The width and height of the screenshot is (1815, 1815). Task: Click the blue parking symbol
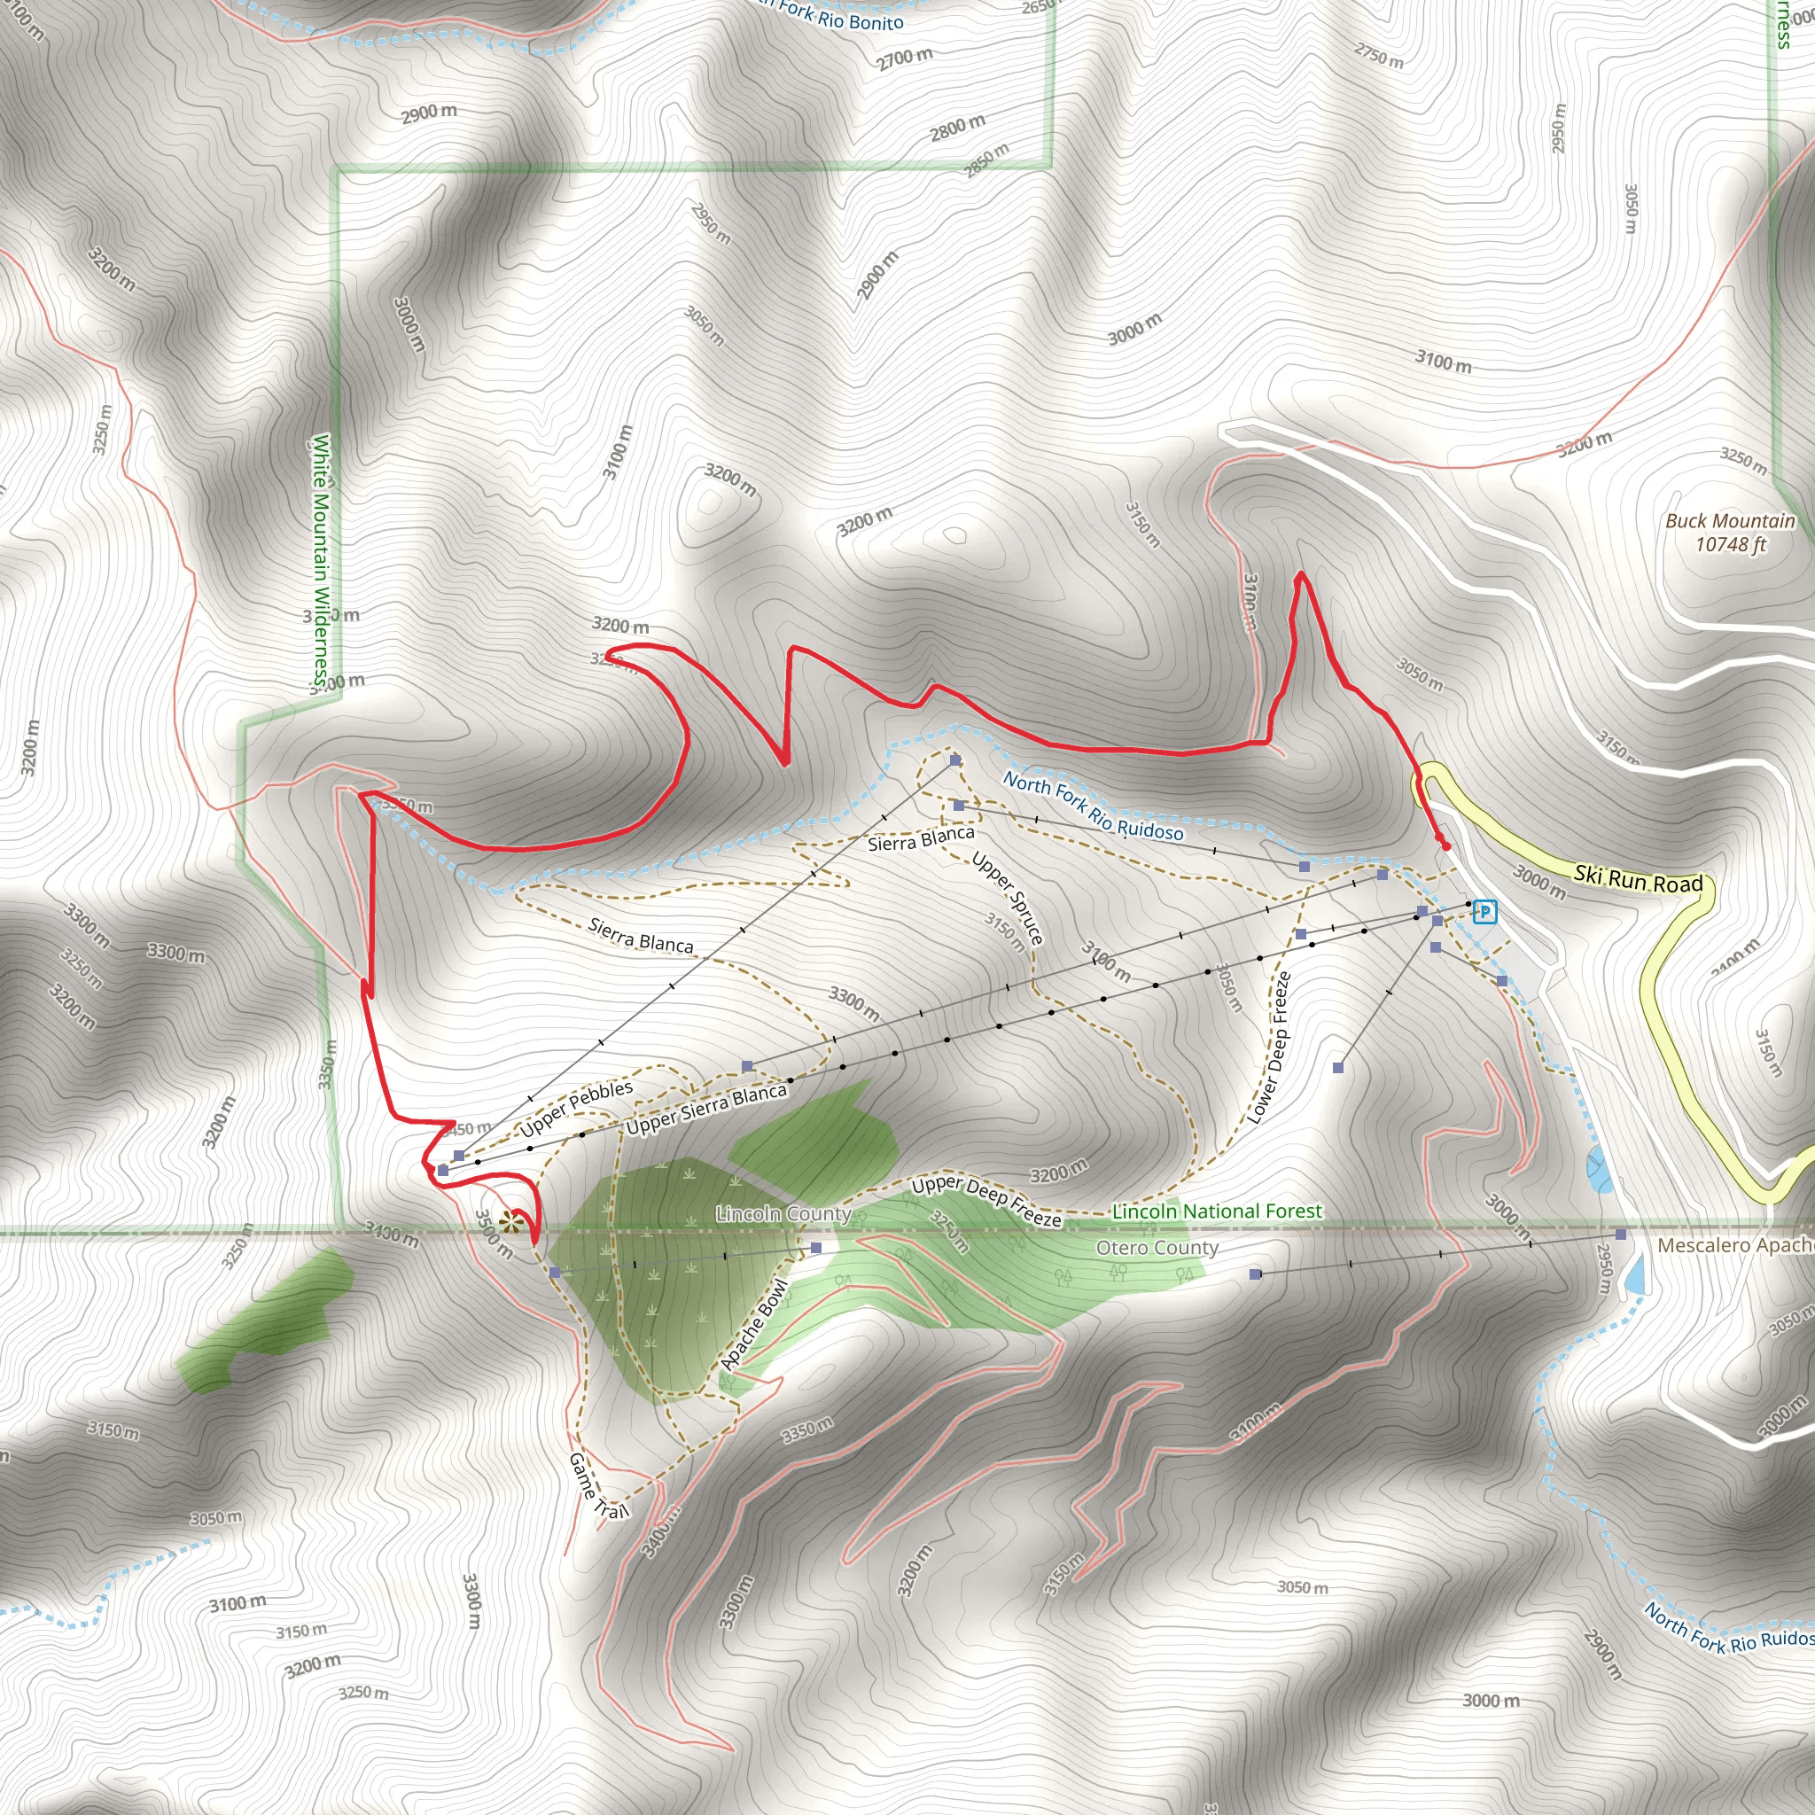[1484, 911]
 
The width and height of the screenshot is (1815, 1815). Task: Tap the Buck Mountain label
[1730, 533]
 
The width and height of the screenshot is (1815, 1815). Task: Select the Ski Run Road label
[1639, 878]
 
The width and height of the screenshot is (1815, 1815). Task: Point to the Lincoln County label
[783, 1214]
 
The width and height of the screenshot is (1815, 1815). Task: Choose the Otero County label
[1157, 1248]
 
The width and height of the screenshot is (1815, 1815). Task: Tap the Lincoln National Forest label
[1217, 1211]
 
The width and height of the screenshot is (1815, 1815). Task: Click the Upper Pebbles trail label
[577, 1108]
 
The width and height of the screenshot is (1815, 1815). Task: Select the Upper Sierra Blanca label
[705, 1110]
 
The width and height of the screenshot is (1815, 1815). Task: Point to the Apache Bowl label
[753, 1326]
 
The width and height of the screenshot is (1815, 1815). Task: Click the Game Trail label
[597, 1485]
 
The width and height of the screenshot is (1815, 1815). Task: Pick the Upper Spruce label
[1007, 897]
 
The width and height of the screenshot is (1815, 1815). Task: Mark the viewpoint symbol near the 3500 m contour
[510, 1222]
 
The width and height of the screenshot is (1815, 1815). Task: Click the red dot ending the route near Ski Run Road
[1445, 846]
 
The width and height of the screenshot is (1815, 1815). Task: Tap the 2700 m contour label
[905, 58]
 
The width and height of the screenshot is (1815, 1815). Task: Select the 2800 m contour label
[957, 127]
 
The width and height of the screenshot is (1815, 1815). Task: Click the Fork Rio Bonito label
[839, 16]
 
